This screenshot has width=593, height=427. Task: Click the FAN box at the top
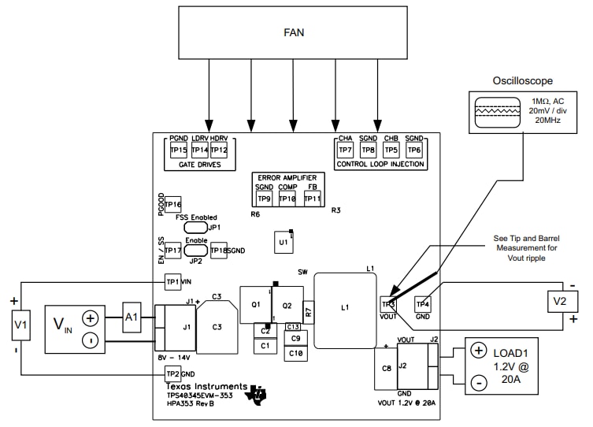click(x=293, y=33)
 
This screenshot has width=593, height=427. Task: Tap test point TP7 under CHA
click(x=345, y=150)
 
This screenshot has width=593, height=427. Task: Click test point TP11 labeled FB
click(x=313, y=199)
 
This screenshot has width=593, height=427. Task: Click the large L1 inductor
click(x=344, y=310)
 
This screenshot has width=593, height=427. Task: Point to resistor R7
click(x=309, y=312)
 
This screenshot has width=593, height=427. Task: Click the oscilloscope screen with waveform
click(x=495, y=111)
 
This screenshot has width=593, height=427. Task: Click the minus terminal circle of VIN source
click(x=91, y=340)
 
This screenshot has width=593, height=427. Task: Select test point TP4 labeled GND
click(x=423, y=303)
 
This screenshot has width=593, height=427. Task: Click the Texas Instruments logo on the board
click(x=256, y=395)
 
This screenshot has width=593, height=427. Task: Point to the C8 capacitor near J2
click(x=387, y=368)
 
